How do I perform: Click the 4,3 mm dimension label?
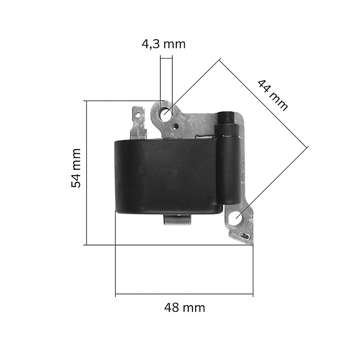163,44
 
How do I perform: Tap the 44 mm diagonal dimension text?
273,95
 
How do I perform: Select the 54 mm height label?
76,168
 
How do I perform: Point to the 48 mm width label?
184,308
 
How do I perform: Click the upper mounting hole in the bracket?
166,115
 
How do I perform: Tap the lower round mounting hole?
236,217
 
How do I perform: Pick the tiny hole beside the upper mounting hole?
175,126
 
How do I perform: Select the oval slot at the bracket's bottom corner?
245,236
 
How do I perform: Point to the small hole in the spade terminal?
138,115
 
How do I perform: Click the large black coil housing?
166,176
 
